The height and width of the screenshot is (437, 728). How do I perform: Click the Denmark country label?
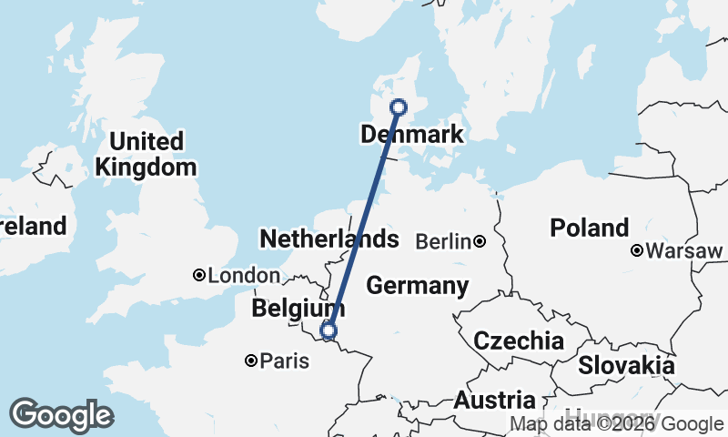point(412,135)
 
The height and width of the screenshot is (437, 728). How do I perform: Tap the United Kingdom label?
point(146,154)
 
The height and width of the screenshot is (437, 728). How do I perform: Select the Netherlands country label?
point(329,239)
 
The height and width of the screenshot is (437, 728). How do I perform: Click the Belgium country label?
point(298,308)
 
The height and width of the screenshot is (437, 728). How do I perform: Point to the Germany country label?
point(417,286)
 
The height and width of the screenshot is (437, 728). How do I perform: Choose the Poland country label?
point(589,228)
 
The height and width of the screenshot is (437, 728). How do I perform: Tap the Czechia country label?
point(518,341)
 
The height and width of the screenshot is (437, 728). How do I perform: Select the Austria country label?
point(494,400)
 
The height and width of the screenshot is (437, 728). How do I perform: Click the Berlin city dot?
point(479,241)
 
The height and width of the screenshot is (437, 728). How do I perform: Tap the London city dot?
point(199,275)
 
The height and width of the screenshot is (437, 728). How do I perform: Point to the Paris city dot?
point(251,361)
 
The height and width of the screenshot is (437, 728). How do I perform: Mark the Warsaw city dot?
point(638,250)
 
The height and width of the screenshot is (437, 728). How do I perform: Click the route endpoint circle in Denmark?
point(399,107)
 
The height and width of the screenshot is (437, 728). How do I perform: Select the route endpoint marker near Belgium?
point(329,330)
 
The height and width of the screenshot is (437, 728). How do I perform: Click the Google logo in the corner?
point(61,415)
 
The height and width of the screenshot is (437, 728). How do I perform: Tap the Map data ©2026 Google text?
point(616,423)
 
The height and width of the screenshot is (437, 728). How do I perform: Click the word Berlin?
point(443,242)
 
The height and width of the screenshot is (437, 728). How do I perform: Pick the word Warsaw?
point(672,250)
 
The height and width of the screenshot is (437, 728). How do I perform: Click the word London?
point(244,276)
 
